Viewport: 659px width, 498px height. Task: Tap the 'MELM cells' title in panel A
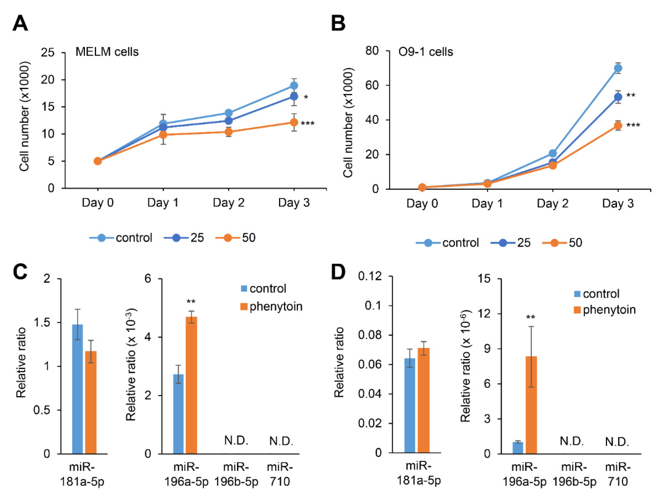[x=107, y=52]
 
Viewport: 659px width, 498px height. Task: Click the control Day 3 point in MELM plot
[x=294, y=86]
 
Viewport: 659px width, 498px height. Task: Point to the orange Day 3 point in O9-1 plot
[x=618, y=126]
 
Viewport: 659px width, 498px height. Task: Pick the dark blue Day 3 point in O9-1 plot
[x=618, y=97]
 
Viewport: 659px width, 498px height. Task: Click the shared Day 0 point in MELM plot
[x=98, y=161]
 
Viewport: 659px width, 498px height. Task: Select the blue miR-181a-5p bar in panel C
[x=77, y=389]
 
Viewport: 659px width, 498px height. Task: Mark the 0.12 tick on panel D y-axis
[x=370, y=276]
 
